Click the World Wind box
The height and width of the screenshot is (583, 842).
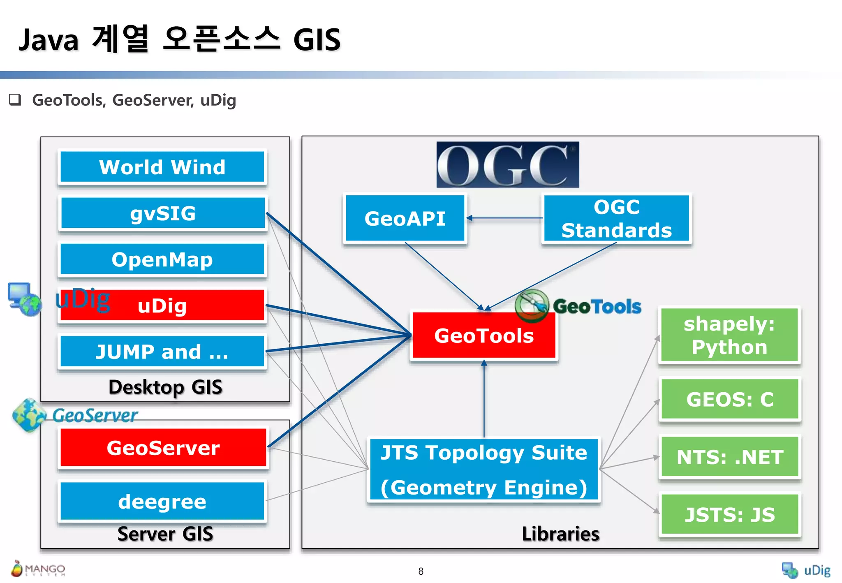tap(162, 167)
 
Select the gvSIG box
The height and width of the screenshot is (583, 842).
tap(162, 213)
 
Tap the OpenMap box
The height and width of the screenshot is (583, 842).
tap(162, 259)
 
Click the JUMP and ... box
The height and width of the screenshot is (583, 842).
tap(162, 352)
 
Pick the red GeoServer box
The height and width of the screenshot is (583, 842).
tap(163, 447)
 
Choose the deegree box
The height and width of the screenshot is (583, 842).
tap(162, 501)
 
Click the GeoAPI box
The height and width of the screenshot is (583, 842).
tap(405, 218)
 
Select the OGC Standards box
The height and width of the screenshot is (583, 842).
tap(616, 218)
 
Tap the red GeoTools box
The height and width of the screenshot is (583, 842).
tap(484, 335)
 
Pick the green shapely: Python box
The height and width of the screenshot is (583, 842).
tap(729, 335)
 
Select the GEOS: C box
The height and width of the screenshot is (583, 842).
tap(729, 399)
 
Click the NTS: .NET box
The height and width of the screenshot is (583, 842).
tap(729, 457)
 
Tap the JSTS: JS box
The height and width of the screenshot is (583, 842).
tap(729, 514)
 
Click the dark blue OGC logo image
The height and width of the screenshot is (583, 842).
tap(508, 164)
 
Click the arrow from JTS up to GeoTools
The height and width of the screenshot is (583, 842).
tap(484, 399)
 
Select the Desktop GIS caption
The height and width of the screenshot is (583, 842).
tap(165, 387)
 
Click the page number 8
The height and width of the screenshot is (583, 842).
tap(421, 571)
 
